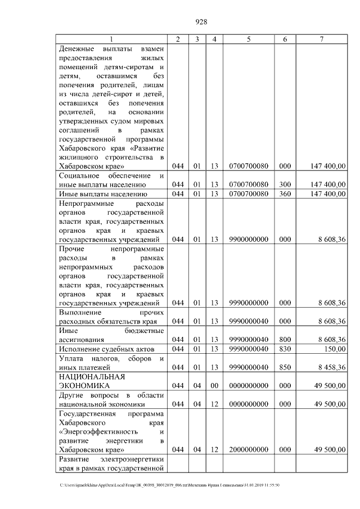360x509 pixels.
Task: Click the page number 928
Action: click(201, 22)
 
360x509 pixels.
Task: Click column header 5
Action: click(248, 39)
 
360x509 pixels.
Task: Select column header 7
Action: click(321, 39)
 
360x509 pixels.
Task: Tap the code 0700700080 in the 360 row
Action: click(248, 194)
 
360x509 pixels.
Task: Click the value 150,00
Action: click(334, 349)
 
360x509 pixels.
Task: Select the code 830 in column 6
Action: click(285, 349)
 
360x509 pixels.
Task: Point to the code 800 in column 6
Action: click(285, 340)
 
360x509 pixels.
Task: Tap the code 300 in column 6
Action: click(285, 184)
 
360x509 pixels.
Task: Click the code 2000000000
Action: click(248, 449)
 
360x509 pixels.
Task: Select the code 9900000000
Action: click(248, 239)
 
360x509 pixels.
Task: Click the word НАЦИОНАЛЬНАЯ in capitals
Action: click(92, 376)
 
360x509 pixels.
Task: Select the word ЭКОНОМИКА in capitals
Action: click(84, 386)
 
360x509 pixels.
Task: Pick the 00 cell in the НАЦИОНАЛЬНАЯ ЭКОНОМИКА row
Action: click(214, 386)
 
